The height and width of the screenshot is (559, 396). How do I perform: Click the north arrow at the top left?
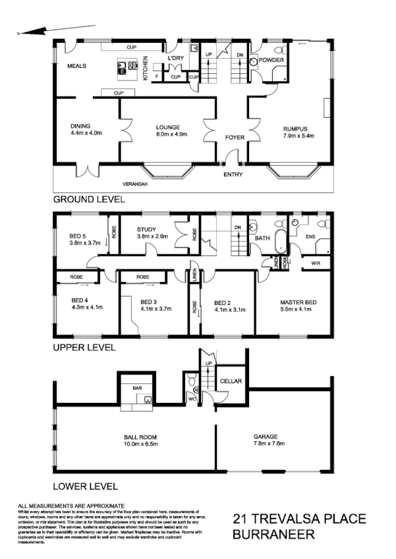40,30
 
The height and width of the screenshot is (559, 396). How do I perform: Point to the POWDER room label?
271,60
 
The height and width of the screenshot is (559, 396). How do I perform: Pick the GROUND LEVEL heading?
89,198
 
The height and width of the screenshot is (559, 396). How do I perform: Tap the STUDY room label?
146,228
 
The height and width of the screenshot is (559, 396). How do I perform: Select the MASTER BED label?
298,302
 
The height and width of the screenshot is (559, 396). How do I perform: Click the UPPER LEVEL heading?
84,346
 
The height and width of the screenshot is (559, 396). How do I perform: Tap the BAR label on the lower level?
137,388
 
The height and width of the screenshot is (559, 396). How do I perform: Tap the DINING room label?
80,126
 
